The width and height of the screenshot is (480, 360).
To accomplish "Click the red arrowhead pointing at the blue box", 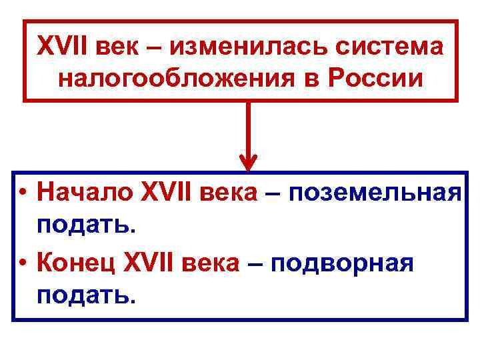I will coord(248,162).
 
